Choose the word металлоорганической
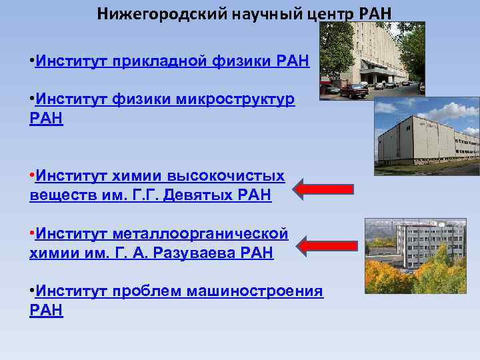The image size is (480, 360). [201, 234]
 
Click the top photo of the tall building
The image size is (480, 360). [372, 61]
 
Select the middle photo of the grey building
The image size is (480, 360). [427, 136]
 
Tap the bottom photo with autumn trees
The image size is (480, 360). [415, 256]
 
